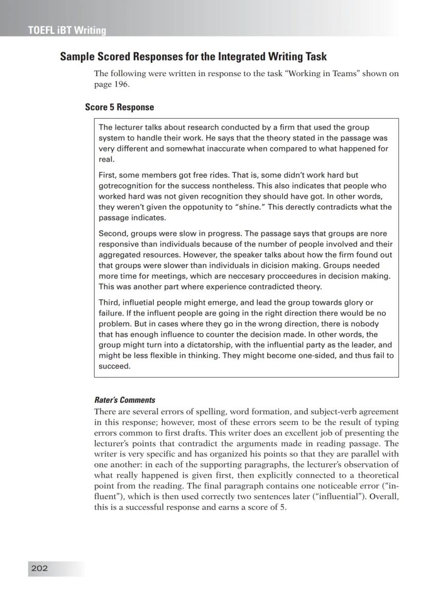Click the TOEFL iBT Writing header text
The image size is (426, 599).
(x=67, y=30)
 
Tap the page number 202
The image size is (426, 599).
(x=40, y=568)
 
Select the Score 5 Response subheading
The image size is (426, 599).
(x=119, y=107)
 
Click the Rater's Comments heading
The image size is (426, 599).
(x=125, y=400)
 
